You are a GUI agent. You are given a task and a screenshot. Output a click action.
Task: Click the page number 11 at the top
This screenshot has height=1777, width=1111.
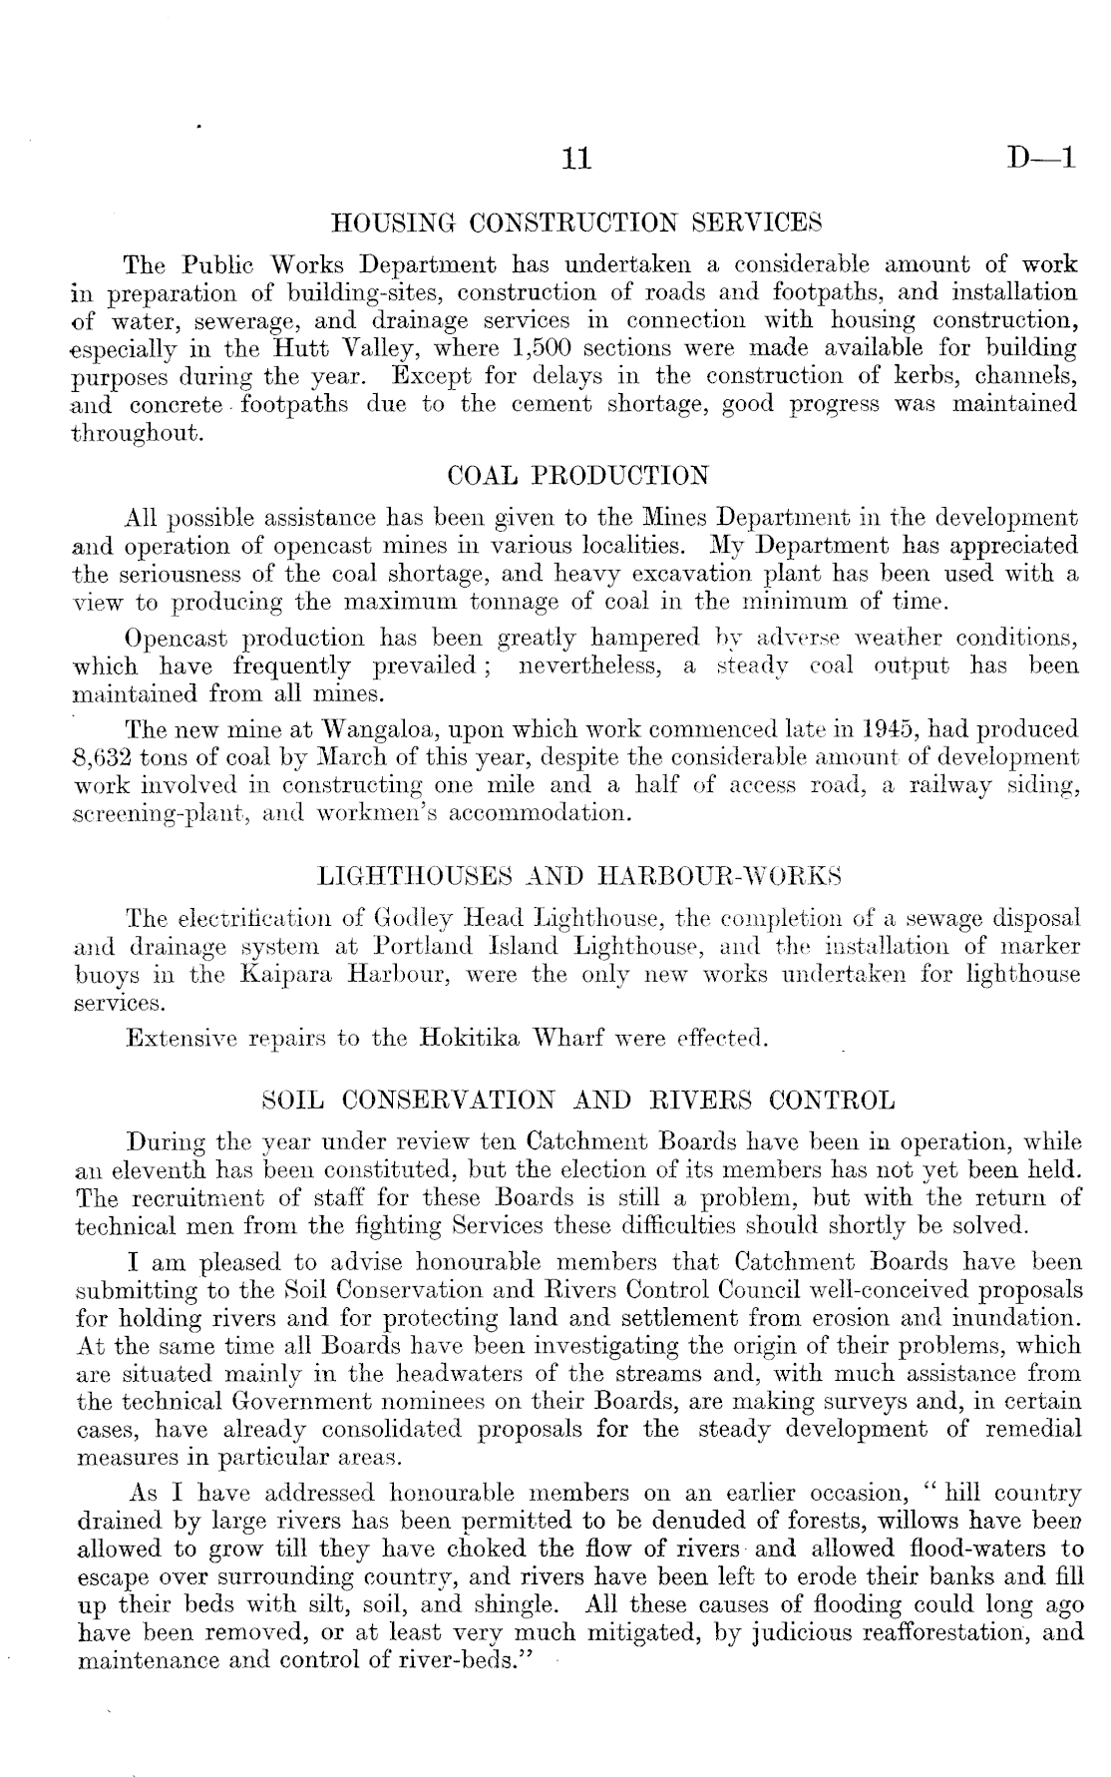(x=576, y=159)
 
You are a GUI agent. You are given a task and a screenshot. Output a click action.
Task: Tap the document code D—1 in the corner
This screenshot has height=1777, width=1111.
(x=1042, y=158)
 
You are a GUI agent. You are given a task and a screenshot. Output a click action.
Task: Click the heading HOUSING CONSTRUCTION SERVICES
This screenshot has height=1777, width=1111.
(x=576, y=220)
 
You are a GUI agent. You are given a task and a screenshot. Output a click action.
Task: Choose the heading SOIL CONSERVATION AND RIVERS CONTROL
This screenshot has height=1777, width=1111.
(x=577, y=1102)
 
